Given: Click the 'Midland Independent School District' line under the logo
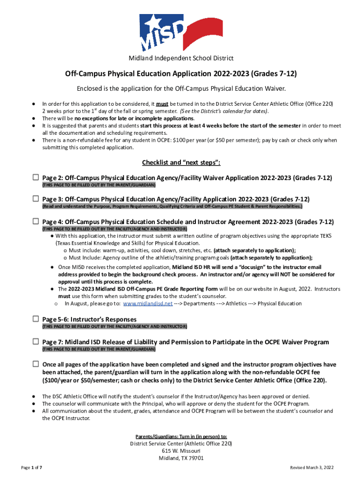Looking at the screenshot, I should [181, 58].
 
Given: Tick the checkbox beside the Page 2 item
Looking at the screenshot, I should [36, 178].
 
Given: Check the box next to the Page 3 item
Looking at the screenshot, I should [36, 199].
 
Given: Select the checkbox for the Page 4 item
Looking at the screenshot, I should [36, 221].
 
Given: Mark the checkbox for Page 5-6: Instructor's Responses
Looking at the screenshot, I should [36, 319].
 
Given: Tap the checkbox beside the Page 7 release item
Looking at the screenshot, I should [36, 342].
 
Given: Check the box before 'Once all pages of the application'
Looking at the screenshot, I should [36, 364].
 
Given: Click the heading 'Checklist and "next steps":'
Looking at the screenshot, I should [181, 162].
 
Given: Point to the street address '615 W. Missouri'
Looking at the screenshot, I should [181, 451].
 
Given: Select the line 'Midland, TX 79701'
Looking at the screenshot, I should [181, 458].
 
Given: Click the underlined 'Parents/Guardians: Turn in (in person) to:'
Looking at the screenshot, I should [181, 435].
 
